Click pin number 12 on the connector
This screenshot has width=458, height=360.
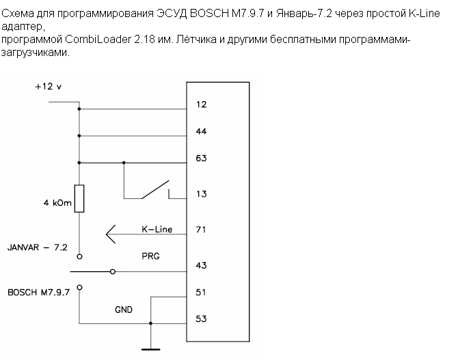point(201,105)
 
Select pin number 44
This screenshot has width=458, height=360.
point(201,131)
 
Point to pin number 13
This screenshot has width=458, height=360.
point(201,194)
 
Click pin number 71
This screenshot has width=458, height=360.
point(200,230)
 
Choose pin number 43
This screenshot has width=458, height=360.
point(201,266)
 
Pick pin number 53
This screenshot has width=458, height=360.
point(201,318)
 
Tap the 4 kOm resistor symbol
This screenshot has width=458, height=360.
point(79,198)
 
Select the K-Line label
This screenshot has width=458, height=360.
point(157,230)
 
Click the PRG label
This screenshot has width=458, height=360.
point(150,257)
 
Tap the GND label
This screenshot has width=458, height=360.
point(124,309)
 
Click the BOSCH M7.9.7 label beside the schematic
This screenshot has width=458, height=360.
point(39,291)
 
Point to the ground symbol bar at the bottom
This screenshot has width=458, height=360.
point(151,350)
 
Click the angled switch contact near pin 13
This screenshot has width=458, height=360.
point(154,189)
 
